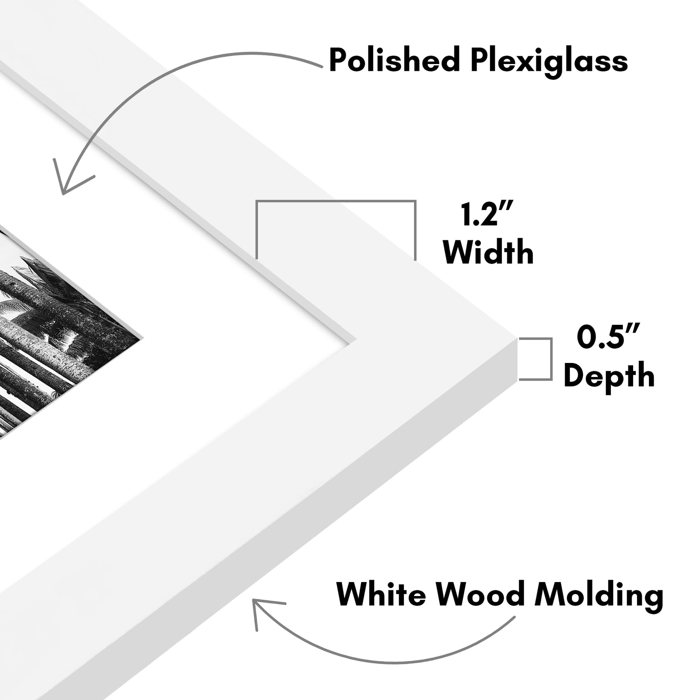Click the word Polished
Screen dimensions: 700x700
click(395, 60)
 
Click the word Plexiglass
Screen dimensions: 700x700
click(549, 62)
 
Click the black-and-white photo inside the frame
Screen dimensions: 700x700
click(54, 337)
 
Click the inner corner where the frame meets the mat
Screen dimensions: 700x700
click(356, 340)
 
